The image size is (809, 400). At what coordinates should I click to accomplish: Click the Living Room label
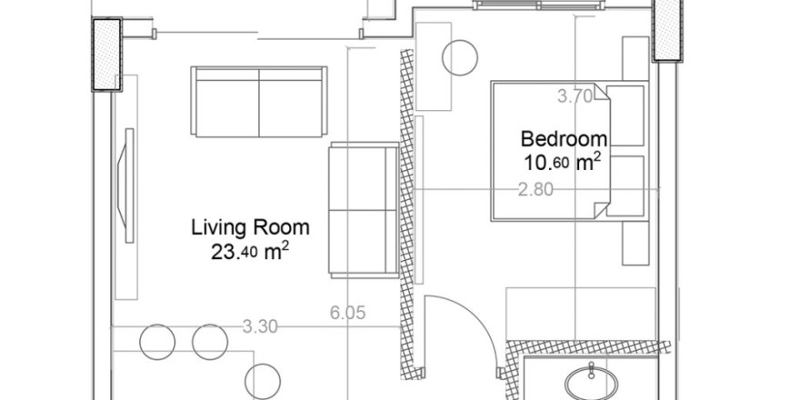click(250, 227)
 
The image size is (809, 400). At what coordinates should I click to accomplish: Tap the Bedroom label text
click(564, 139)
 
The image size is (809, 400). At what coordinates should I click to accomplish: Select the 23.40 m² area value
click(250, 252)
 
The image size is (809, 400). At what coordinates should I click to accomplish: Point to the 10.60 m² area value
click(563, 163)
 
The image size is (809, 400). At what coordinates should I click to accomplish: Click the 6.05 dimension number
click(348, 313)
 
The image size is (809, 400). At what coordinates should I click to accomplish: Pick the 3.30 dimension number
click(260, 326)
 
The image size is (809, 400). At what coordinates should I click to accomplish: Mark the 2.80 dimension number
click(535, 190)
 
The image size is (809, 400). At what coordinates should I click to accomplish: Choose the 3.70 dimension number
click(575, 96)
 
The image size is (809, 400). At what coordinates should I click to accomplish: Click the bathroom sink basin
click(591, 383)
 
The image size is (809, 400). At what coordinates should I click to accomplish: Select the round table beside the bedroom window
click(460, 58)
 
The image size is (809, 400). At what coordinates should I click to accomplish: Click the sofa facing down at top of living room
click(259, 102)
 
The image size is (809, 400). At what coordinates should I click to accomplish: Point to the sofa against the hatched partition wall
click(364, 210)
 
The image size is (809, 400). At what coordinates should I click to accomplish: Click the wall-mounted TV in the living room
click(127, 185)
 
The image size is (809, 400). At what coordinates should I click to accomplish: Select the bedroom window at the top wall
click(539, 5)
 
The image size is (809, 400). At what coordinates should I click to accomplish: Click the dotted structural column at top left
click(106, 55)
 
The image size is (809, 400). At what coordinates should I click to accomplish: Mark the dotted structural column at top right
click(667, 30)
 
